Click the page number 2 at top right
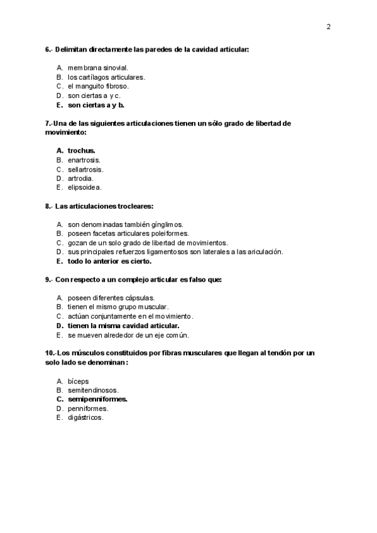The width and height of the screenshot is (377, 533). click(329, 26)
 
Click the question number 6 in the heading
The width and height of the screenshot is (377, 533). click(47, 49)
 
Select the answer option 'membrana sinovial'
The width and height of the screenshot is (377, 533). click(97, 67)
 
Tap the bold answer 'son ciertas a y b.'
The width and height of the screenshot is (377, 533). click(96, 105)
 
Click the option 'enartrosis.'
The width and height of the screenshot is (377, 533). click(84, 160)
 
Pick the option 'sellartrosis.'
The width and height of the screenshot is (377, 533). click(85, 169)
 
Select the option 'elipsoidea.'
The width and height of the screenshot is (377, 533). click(85, 187)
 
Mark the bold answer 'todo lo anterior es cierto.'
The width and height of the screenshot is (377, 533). click(109, 261)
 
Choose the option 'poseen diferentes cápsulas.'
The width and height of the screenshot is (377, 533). click(111, 297)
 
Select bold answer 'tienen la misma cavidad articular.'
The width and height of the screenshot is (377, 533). click(123, 326)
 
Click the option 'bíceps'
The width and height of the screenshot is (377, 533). click(78, 381)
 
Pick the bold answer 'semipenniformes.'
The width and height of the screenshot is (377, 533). click(97, 399)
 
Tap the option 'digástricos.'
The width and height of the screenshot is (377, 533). click(85, 417)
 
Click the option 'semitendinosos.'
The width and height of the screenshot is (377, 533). click(93, 390)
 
